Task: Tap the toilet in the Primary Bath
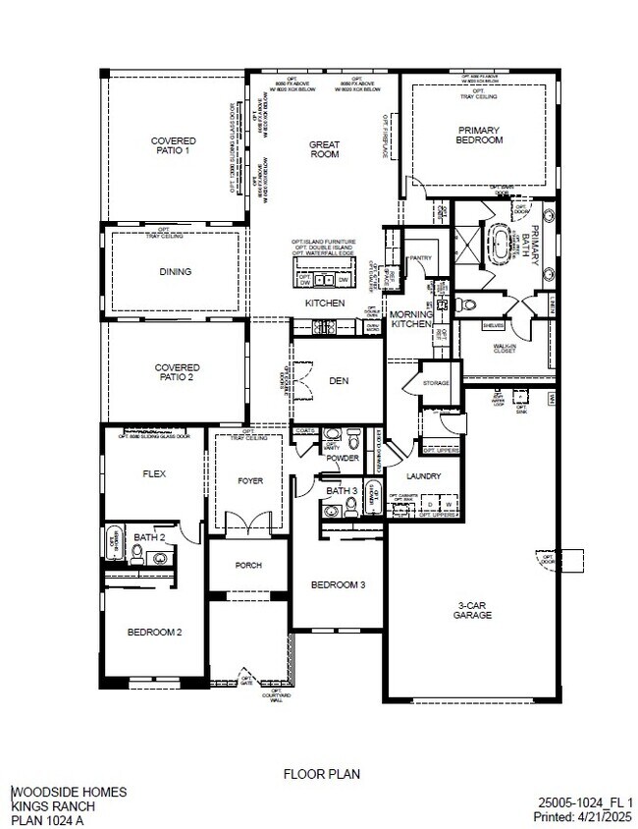[x=468, y=304]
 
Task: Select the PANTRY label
[x=421, y=257]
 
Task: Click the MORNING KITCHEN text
[x=412, y=318]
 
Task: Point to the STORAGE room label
[x=436, y=382]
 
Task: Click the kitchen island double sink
[x=323, y=279]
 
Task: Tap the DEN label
[x=339, y=380]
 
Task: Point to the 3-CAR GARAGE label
[x=470, y=610]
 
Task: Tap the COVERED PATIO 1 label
[x=172, y=146]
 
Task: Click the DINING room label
[x=175, y=272]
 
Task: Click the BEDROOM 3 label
[x=338, y=584]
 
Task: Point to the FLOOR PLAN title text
[x=321, y=774]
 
